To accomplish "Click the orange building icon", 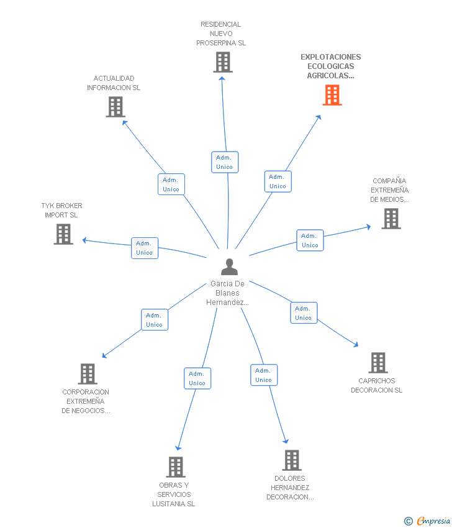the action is [332, 95].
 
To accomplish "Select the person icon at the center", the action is [229, 266].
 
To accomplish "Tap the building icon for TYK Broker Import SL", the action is [63, 234].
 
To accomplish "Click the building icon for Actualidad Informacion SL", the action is [115, 107].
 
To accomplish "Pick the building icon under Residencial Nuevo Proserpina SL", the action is [223, 62].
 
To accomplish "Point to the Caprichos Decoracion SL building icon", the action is [378, 363].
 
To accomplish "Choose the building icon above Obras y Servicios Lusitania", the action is [176, 467].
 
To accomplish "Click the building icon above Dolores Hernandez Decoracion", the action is [292, 460].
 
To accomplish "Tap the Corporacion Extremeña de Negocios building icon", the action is [88, 374].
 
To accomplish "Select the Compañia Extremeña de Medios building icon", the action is [391, 219].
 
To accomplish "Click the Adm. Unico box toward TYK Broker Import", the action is [145, 248].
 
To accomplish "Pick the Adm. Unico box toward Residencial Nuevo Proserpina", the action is [225, 162].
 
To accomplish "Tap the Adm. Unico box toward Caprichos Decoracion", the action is [304, 313].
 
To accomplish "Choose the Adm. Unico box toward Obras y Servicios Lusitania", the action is [197, 378].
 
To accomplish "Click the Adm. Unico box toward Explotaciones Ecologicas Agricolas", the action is [278, 181].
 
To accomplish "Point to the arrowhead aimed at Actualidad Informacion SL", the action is [125, 123].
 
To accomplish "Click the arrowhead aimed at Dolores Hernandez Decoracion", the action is [286, 441].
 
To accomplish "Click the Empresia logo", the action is [427, 521].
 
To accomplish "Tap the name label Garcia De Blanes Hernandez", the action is [227, 293].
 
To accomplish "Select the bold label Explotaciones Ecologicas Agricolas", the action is [331, 66].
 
